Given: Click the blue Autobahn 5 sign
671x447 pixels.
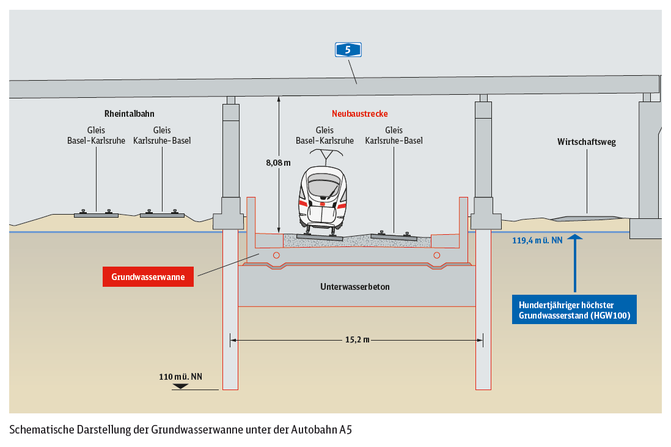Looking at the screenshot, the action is coord(348,50).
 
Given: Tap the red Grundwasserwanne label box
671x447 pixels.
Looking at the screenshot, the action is coord(148,276).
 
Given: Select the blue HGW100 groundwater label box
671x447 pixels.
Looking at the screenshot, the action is coord(574,309).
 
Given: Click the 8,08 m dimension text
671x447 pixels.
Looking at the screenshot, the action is coord(278,163).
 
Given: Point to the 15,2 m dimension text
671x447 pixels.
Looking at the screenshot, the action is coord(358,339).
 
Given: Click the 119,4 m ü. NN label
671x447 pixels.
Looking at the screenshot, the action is coord(537,240).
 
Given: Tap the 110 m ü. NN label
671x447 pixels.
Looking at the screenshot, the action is coord(181,377).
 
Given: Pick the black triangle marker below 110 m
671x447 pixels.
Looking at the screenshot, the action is coord(180,386).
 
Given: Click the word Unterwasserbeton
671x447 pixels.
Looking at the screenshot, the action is coord(355,286).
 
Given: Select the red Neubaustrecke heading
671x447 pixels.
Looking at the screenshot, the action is coord(360,114).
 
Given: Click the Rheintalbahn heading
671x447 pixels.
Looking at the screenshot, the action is coord(129,114).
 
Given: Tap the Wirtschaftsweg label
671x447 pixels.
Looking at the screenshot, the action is coord(586,142).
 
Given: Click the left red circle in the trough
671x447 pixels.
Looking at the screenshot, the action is coord(276,255).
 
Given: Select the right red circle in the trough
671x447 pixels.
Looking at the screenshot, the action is coord(436,255).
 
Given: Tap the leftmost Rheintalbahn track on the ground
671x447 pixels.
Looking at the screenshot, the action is coord(97,213).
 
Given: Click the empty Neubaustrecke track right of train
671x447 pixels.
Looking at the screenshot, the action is coord(394,236).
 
